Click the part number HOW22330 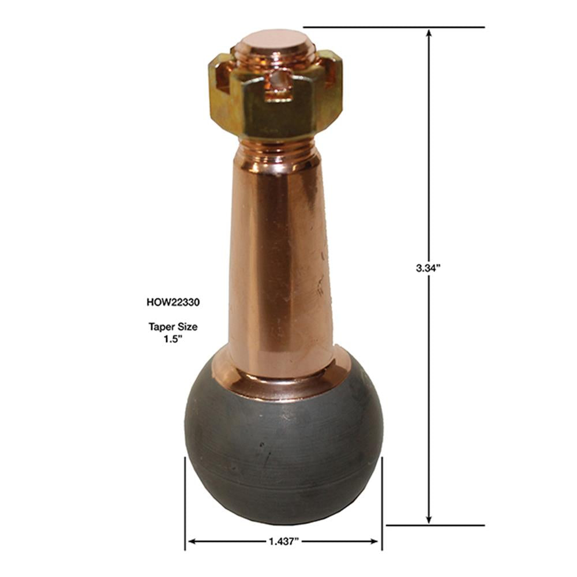point(173,302)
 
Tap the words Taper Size point(173,327)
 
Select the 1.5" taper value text point(173,339)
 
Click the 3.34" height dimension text point(428,268)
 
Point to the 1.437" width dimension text point(283,541)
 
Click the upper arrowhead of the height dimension point(428,33)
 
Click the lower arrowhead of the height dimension point(428,519)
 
